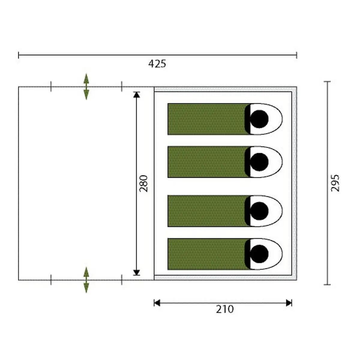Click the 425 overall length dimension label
[x=157, y=64]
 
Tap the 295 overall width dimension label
[x=335, y=183]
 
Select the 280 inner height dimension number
[x=143, y=184]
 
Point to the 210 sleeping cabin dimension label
[x=225, y=309]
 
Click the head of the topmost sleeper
[x=259, y=119]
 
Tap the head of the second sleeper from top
[x=259, y=162]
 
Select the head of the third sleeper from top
[x=259, y=211]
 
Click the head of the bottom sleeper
[x=259, y=254]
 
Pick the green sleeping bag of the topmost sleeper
[x=208, y=119]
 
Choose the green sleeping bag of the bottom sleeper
[x=208, y=254]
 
